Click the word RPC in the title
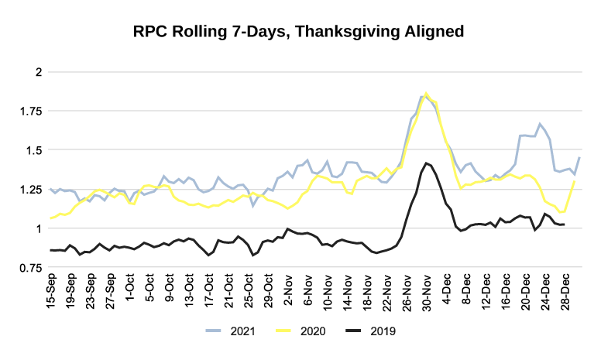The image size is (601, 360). tap(149, 32)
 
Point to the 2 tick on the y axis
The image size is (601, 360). tap(36, 72)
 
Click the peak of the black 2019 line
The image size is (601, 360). tap(427, 163)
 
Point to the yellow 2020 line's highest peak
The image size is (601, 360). tap(427, 93)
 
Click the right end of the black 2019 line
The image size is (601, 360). tap(564, 225)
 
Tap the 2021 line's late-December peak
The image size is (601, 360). tap(540, 123)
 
